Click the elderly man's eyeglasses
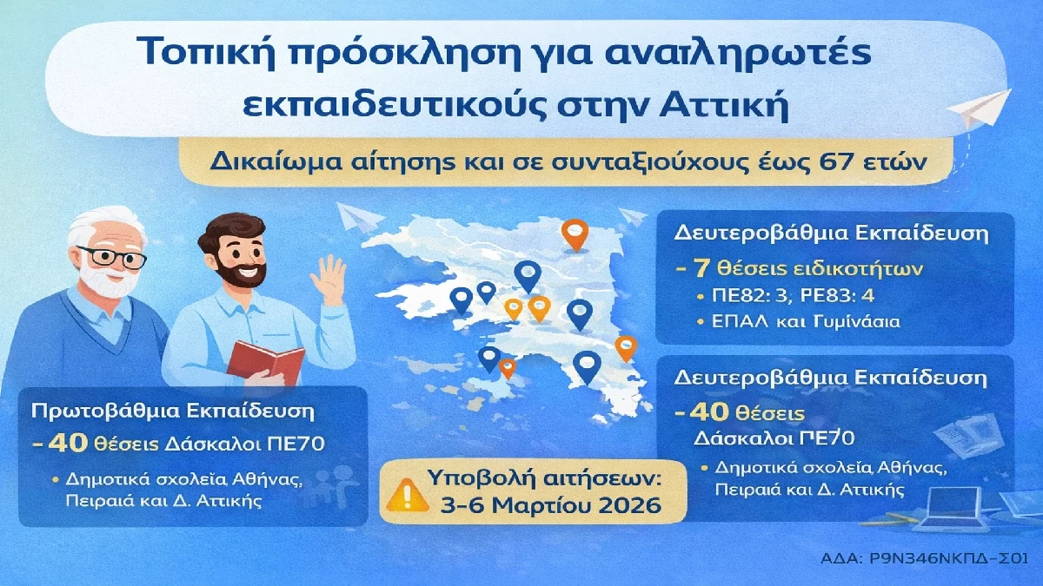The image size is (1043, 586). click(112, 257)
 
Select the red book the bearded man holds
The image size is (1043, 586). click(265, 363)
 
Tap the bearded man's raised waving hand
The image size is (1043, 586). click(329, 280)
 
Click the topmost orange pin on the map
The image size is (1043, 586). click(575, 235)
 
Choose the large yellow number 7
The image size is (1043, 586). click(701, 269)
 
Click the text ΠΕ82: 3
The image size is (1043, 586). click(749, 296)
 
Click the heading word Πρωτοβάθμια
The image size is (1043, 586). click(105, 412)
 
